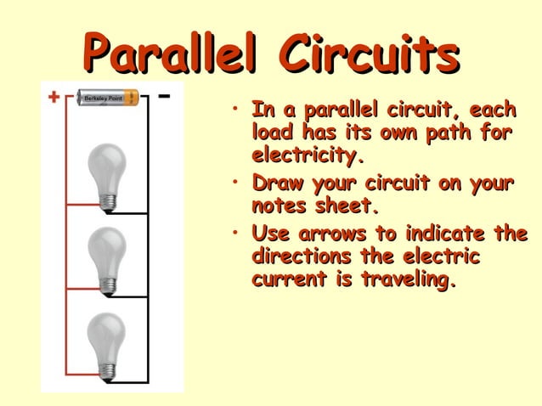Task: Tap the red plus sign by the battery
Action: [54, 98]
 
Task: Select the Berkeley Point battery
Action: [109, 98]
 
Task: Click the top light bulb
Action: [107, 172]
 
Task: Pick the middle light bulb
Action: [107, 257]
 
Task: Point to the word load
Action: [271, 133]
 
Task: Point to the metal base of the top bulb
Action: [107, 202]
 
